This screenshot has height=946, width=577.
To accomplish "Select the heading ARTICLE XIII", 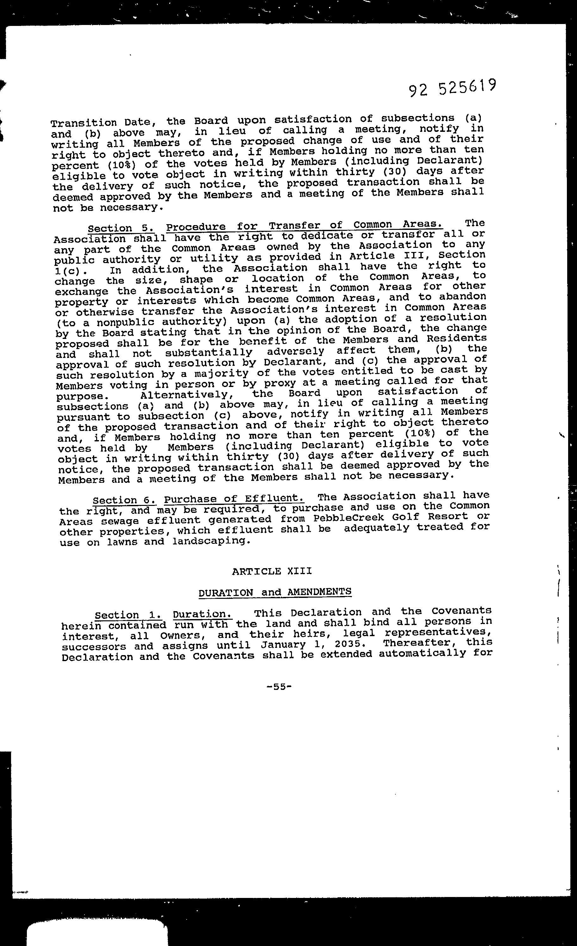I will pyautogui.click(x=272, y=571).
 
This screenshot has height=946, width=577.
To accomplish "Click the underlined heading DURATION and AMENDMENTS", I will pyautogui.click(x=275, y=592).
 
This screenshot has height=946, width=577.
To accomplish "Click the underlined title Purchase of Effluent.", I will pyautogui.click(x=234, y=499).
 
